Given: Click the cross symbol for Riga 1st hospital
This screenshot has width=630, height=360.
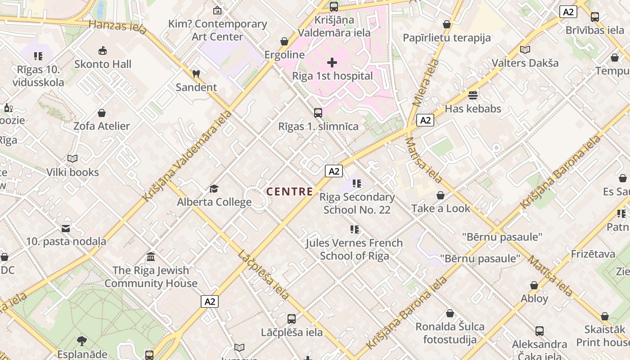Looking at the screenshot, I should click(332, 63).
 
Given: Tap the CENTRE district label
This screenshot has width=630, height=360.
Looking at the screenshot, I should click(289, 192).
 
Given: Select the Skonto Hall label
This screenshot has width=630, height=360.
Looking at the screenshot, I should click(103, 64).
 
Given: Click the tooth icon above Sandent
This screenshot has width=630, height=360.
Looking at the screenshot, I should click(196, 74).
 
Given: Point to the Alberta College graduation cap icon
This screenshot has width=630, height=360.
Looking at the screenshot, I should click(214, 189).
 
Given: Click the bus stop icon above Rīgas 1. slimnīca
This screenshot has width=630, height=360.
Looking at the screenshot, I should click(318, 113).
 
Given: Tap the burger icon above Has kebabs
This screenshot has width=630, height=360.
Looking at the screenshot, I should click(472, 95).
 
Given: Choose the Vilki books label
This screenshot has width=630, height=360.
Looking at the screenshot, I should click(72, 172).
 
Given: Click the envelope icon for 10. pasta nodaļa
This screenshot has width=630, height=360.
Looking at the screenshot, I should click(66, 229).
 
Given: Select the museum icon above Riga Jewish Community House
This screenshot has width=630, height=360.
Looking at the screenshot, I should click(151, 257).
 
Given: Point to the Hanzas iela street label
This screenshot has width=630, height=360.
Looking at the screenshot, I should click(117, 27).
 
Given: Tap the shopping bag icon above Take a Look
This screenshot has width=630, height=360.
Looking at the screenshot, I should click(441, 195).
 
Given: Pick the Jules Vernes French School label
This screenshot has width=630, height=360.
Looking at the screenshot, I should click(354, 249).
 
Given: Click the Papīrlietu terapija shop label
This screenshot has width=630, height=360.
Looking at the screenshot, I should click(446, 38).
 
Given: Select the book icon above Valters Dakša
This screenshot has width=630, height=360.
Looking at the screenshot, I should click(525, 49).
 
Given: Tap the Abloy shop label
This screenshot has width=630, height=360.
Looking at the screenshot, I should click(534, 298).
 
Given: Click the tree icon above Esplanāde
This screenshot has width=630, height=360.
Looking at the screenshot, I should click(82, 341).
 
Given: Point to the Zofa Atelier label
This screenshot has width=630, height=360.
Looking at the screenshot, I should click(102, 126).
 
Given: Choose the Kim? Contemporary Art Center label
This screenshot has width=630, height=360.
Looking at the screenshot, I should click(218, 30).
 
